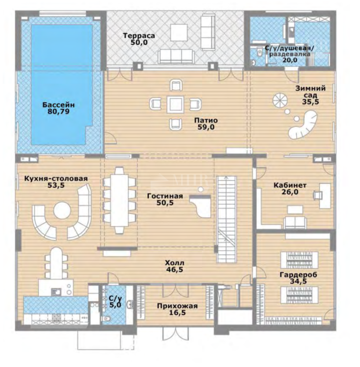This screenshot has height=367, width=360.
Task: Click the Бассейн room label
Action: (58, 105)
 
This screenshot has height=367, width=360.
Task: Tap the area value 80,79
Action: (58, 112)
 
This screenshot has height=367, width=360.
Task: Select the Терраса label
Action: (139, 36)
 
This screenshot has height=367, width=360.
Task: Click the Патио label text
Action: (206, 120)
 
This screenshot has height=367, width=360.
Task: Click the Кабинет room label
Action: (290, 185)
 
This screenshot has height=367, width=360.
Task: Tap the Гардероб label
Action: (298, 274)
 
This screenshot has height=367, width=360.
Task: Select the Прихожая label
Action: (177, 306)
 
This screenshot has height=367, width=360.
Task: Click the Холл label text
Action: (175, 263)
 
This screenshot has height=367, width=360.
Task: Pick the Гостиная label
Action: (165, 196)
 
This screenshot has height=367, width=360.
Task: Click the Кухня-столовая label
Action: (56, 179)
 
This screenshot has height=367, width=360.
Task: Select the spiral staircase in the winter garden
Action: (280, 101)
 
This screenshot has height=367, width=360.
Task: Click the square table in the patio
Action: (175, 105)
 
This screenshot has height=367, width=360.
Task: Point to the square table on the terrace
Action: (179, 33)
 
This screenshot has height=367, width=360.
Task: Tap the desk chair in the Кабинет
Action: (317, 195)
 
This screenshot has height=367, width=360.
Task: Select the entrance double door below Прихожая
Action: (175, 334)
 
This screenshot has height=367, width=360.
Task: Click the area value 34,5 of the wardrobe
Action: (298, 281)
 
